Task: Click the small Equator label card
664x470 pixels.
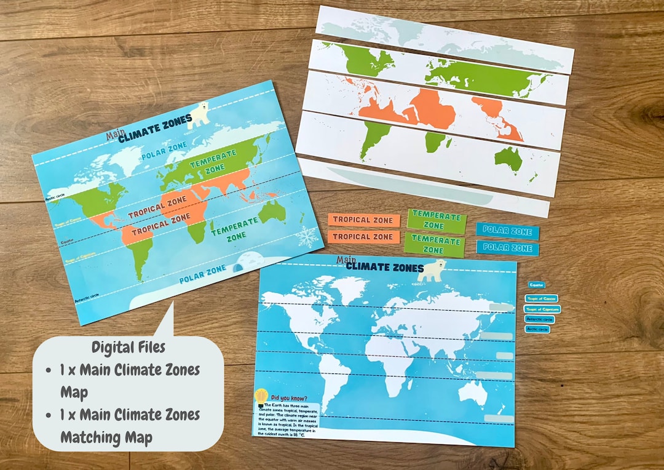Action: [536, 285]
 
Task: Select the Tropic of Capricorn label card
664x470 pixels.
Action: [542, 309]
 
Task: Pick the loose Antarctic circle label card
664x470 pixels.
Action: [539, 319]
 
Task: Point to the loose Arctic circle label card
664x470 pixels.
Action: [537, 329]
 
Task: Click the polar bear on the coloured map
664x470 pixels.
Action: [197, 115]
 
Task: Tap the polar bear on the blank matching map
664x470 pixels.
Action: [432, 269]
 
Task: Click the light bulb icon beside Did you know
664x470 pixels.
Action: [261, 396]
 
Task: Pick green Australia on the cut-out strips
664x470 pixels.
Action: [509, 159]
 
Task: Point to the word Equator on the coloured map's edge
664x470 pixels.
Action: [68, 242]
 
